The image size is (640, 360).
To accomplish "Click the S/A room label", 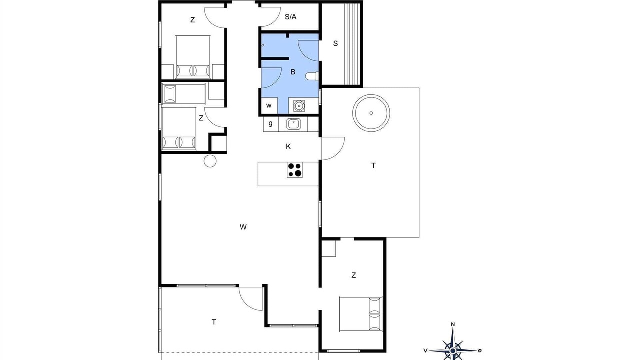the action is point(291,17).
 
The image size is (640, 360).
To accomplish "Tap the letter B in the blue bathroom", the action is point(293,72).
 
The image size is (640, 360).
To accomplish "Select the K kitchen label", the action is point(288,147).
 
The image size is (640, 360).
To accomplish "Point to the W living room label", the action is point(243,227).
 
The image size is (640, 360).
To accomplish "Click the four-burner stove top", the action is point(295,170).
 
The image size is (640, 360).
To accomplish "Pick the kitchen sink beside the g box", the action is point(293,124).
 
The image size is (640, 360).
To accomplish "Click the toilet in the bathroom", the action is point(312,76).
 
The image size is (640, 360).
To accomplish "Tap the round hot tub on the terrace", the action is point(371,113).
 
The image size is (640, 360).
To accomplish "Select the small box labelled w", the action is point(269,105).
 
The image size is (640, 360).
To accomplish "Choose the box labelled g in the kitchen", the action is point(271,124).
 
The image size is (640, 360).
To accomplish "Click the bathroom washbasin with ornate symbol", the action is point(299,105).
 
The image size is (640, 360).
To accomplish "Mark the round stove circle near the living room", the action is point(210,161).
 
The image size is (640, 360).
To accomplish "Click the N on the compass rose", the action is point(453,324).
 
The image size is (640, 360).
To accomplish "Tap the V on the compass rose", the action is point(425,351).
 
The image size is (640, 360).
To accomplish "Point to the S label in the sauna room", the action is point(335,43).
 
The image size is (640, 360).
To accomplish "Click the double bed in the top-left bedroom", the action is point(193,57).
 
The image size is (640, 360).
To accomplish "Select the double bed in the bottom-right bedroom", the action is point(361,314).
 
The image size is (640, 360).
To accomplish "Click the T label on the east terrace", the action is point(373,165).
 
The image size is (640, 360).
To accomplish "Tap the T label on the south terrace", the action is point(214,322).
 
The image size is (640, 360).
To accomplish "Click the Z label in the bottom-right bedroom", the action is point(354,275).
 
